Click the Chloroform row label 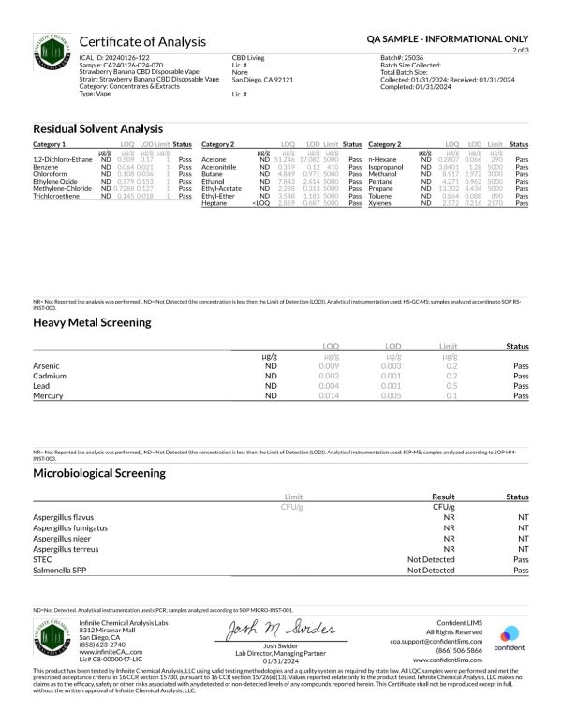tap(51, 174)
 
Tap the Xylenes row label tap(382, 203)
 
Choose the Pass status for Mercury tap(522, 396)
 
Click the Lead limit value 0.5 tap(452, 386)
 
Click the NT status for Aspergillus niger tap(523, 538)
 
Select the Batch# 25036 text tap(401, 57)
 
